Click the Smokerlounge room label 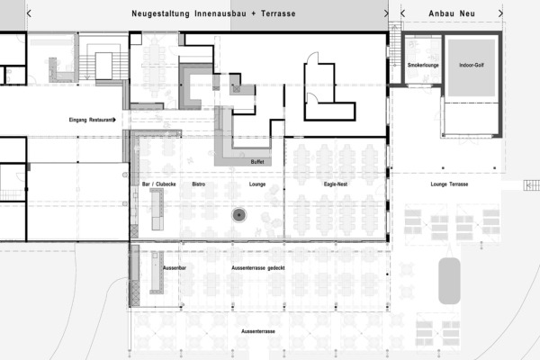click(x=423, y=65)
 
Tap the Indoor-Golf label click(x=472, y=65)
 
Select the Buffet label click(x=257, y=162)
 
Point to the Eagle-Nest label click(x=336, y=184)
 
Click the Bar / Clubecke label click(x=158, y=184)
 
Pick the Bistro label click(x=198, y=184)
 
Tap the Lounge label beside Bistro click(x=257, y=184)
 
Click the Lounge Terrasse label click(x=449, y=184)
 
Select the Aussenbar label click(x=175, y=268)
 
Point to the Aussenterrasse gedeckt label click(x=258, y=268)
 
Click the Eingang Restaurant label click(x=91, y=120)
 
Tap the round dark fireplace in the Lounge click(x=239, y=215)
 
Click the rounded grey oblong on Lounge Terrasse click(x=449, y=281)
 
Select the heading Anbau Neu click(x=452, y=13)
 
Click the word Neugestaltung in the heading click(x=160, y=14)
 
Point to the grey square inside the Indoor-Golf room click(x=472, y=67)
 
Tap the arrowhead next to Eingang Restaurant click(x=114, y=120)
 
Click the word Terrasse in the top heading click(x=278, y=13)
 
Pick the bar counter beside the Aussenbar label click(x=157, y=273)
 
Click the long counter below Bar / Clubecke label click(x=157, y=209)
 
